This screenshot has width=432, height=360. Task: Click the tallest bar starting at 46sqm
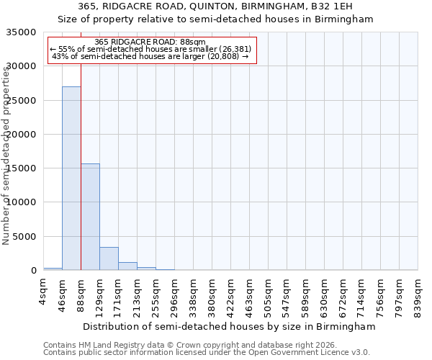pyautogui.click(x=71, y=179)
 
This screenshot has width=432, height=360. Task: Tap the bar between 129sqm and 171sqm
pyautogui.click(x=109, y=258)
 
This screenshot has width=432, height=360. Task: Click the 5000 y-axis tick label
pyautogui.click(x=24, y=236)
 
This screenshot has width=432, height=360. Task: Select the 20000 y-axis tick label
pyautogui.click(x=22, y=135)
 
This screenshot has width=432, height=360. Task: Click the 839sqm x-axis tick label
pyautogui.click(x=418, y=294)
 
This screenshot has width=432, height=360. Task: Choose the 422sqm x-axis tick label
pyautogui.click(x=230, y=294)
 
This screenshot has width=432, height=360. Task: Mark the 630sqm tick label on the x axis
pyautogui.click(x=324, y=294)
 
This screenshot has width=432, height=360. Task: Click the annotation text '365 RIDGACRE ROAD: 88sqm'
pyautogui.click(x=150, y=42)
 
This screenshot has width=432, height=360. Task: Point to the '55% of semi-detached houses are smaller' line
pyautogui.click(x=150, y=49)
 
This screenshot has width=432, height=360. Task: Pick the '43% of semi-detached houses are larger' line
pyautogui.click(x=150, y=56)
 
